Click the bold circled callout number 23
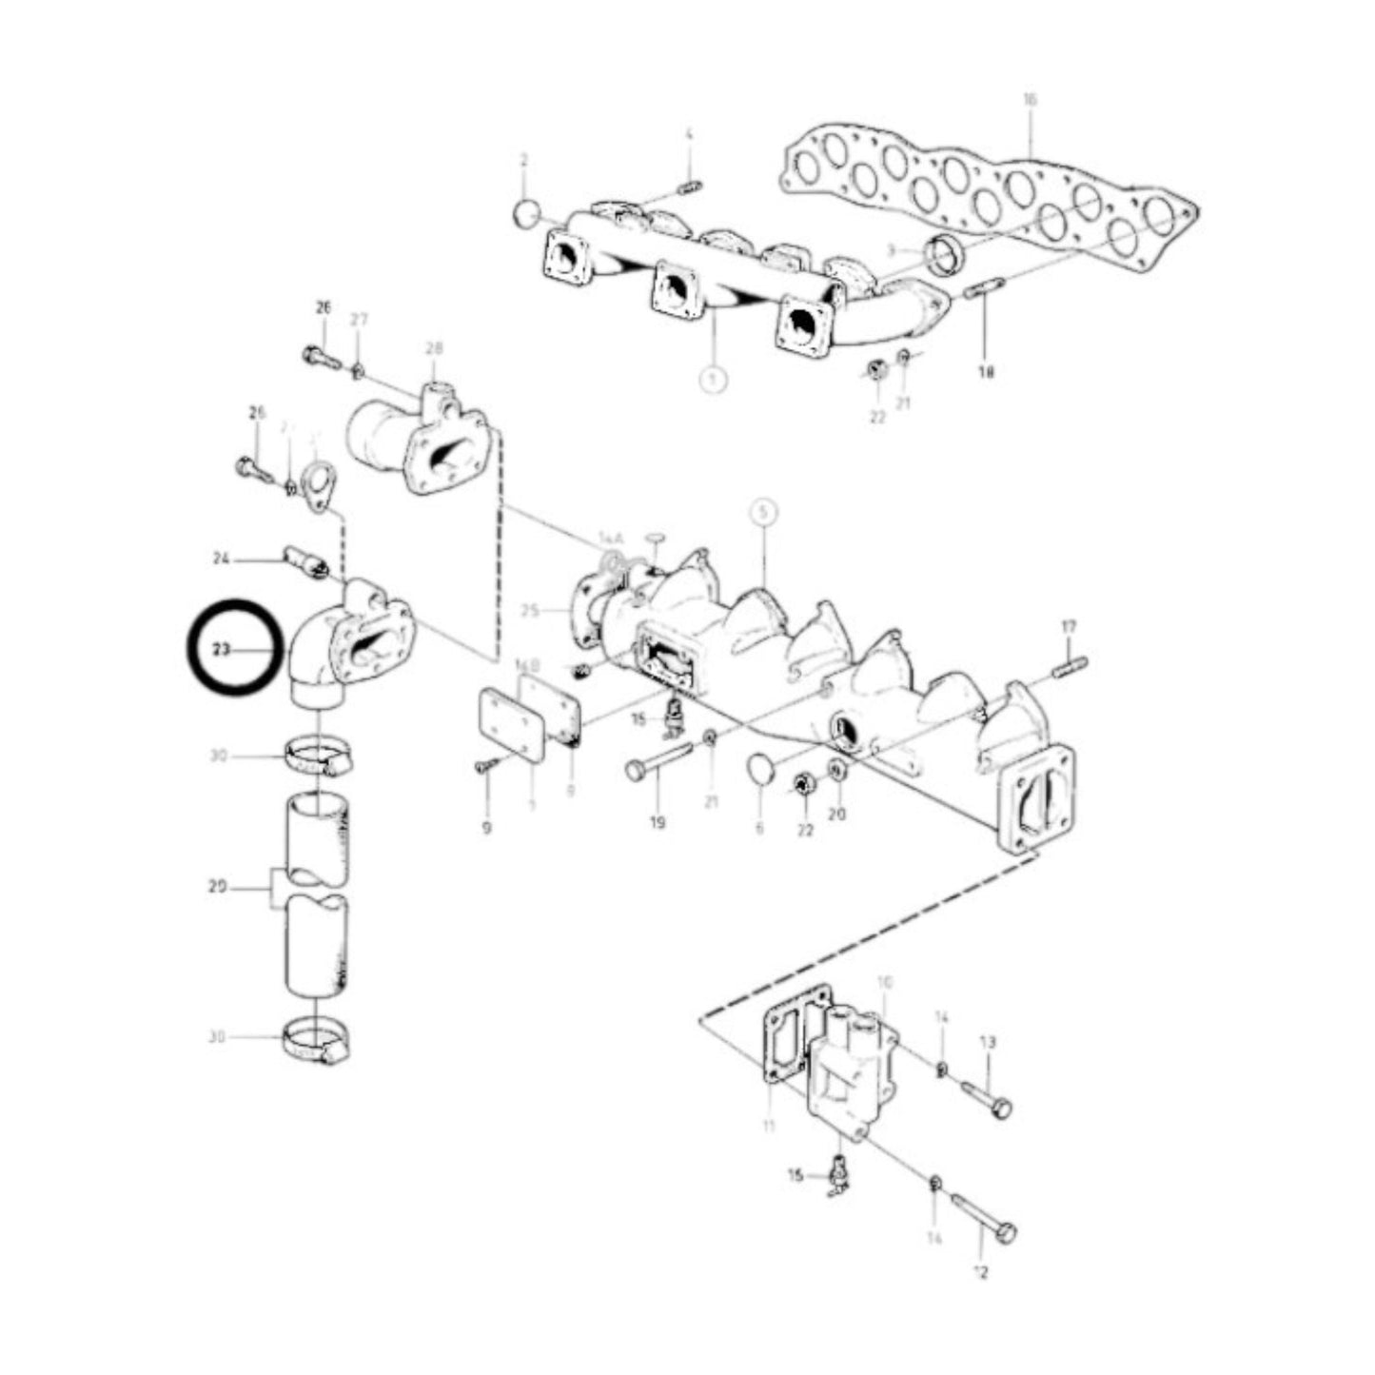(x=222, y=650)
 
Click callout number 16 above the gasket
(x=1030, y=99)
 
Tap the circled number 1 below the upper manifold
(x=713, y=379)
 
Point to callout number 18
(x=985, y=373)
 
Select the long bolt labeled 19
(x=659, y=758)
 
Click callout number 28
(x=434, y=348)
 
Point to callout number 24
(x=221, y=560)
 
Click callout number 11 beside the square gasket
(x=769, y=1127)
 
